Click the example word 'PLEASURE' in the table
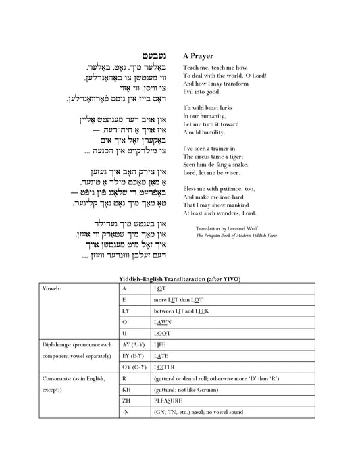click(x=168, y=400)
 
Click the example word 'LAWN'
click(x=163, y=322)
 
